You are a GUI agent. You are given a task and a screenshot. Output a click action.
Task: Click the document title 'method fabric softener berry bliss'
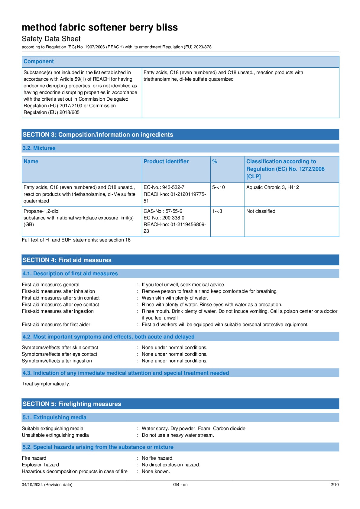pyautogui.click(x=100, y=28)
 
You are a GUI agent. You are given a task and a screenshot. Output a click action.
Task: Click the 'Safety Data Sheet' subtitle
pyautogui.click(x=51, y=39)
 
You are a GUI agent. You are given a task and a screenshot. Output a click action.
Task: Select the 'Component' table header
pyautogui.click(x=39, y=62)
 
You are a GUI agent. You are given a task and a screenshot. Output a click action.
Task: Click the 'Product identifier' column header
pyautogui.click(x=166, y=162)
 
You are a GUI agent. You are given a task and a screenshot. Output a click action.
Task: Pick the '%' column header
pyautogui.click(x=215, y=162)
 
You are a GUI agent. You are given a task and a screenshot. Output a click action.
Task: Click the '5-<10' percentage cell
pyautogui.click(x=219, y=187)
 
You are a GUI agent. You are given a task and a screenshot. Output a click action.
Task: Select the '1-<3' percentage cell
pyautogui.click(x=217, y=211)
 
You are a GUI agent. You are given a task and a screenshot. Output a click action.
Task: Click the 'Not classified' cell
pyautogui.click(x=261, y=211)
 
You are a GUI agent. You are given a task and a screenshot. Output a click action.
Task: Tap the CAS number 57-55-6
pyautogui.click(x=163, y=211)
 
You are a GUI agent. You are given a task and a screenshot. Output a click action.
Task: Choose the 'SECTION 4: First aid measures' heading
pyautogui.click(x=67, y=260)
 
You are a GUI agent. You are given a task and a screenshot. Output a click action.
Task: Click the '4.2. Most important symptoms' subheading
pyautogui.click(x=109, y=337)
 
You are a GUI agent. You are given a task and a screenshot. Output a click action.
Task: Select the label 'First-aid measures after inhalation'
pyautogui.click(x=58, y=291)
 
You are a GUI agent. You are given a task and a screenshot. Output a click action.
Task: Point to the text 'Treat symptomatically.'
pyautogui.click(x=46, y=384)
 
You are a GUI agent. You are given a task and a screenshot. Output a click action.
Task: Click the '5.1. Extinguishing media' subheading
pyautogui.click(x=54, y=417)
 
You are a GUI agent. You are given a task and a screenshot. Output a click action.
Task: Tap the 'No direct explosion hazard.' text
pyautogui.click(x=171, y=465)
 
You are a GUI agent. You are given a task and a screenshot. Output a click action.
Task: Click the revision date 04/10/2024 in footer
pyautogui.click(x=47, y=485)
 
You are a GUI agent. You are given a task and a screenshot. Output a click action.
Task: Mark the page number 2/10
pyautogui.click(x=335, y=485)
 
